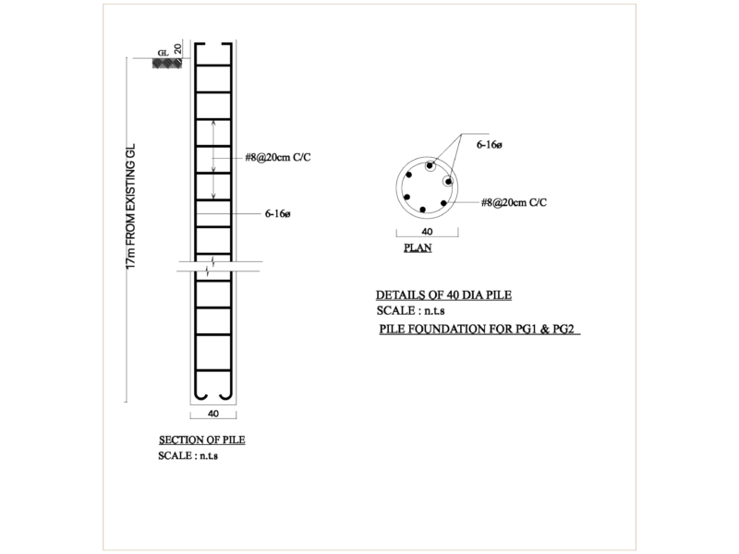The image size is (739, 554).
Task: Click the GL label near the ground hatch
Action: coord(164,53)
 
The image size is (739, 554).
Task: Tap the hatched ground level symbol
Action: coord(167,63)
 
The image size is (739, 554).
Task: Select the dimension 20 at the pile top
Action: coord(177,49)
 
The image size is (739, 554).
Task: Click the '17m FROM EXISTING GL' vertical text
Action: coord(130,206)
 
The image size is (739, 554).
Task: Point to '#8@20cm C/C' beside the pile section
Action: coord(278,157)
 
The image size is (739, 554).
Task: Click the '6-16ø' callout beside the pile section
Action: coord(278,214)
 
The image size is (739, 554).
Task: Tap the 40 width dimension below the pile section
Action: coord(213,414)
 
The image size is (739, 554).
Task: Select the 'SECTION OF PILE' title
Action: coord(201,440)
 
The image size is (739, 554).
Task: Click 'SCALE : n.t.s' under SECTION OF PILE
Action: coord(188,455)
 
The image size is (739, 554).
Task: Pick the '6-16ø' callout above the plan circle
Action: coord(490,145)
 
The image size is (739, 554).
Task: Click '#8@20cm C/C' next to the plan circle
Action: coord(514,202)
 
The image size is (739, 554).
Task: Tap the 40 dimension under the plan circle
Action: coord(427,232)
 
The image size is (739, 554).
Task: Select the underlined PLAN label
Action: coord(418,247)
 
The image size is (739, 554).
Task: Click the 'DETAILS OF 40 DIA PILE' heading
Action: coord(443,295)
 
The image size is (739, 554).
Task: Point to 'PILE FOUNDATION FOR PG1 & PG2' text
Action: coord(479,329)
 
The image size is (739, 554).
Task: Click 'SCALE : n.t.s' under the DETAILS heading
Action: coord(410,311)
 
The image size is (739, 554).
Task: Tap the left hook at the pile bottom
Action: coord(200,395)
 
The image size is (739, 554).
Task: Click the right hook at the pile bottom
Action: coord(225,395)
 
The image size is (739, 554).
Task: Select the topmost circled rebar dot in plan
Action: coord(430,166)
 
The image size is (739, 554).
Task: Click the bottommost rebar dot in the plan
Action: coord(423,210)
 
